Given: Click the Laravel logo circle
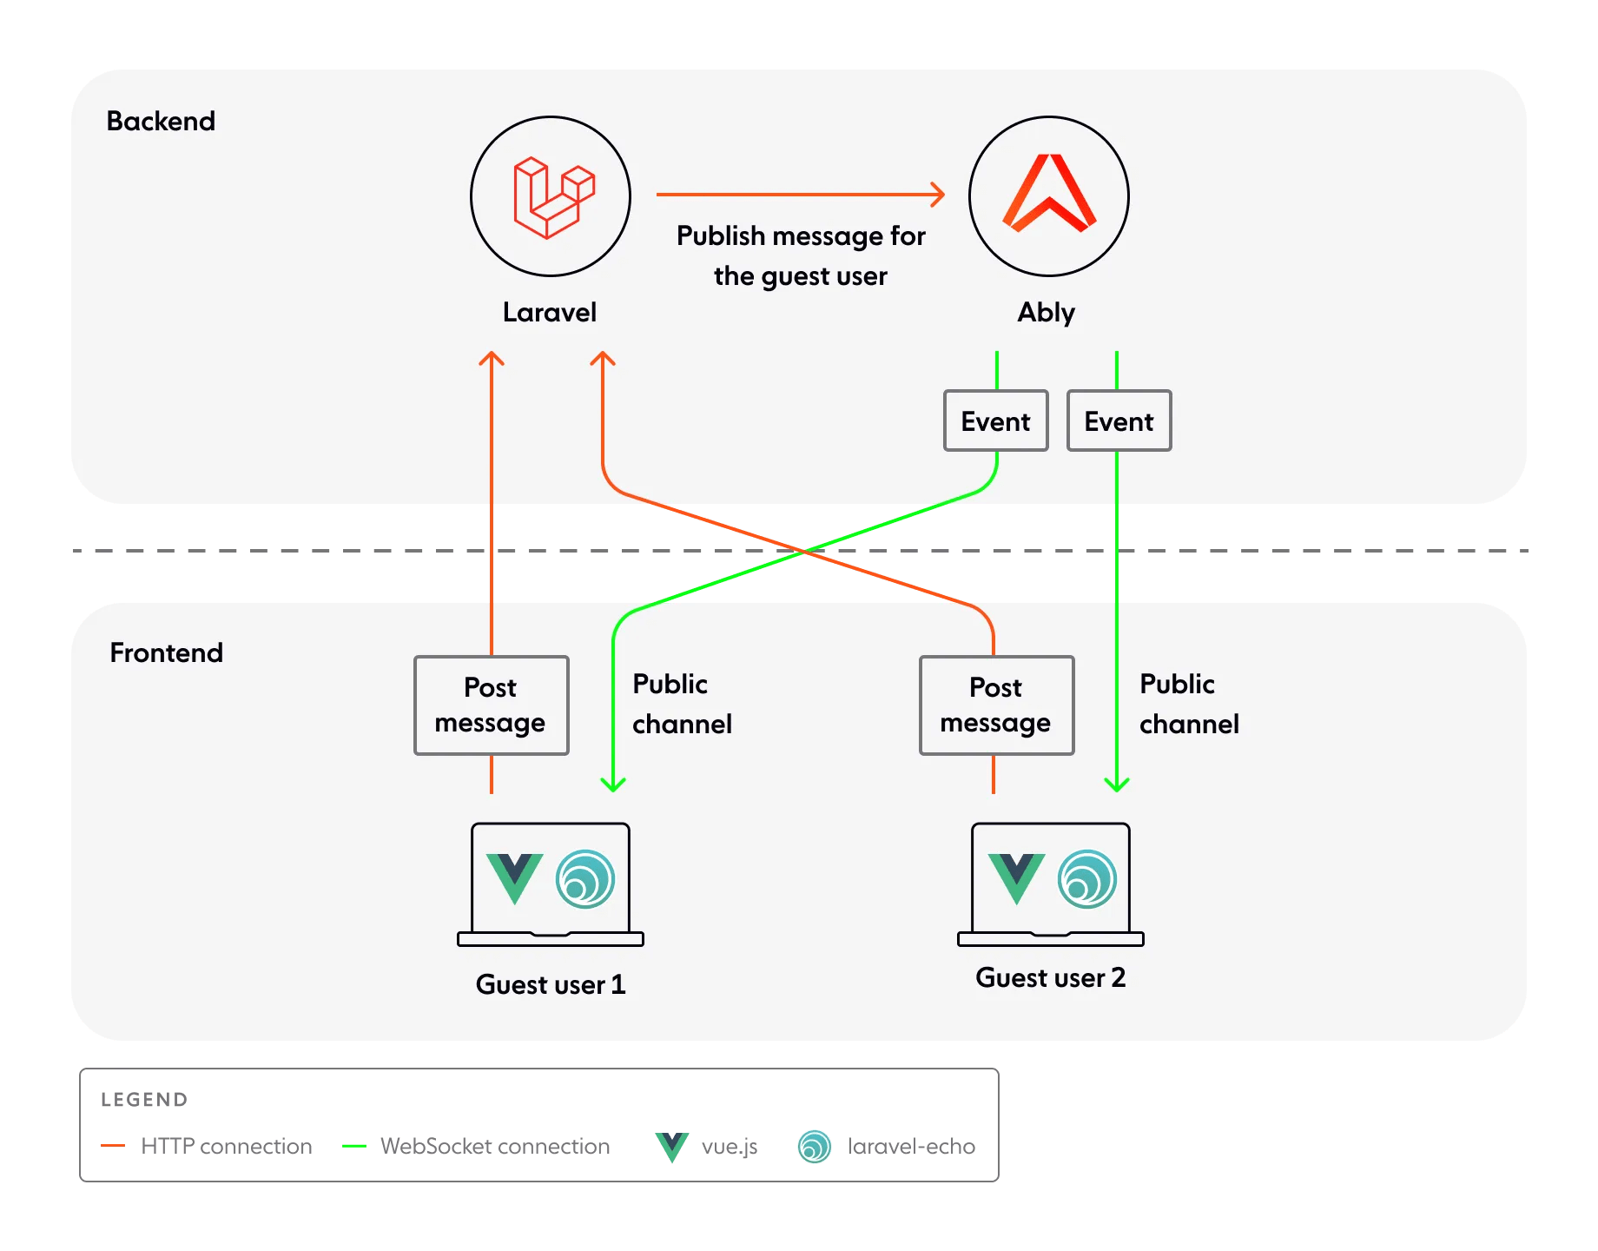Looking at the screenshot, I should pyautogui.click(x=551, y=196).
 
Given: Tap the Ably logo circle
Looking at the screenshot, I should pyautogui.click(x=1049, y=196).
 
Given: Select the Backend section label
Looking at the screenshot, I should pyautogui.click(x=161, y=121).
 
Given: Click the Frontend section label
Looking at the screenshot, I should pyautogui.click(x=166, y=652).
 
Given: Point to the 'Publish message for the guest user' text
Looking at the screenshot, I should pyautogui.click(x=801, y=255).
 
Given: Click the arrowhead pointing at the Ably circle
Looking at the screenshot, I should pyautogui.click(x=938, y=195).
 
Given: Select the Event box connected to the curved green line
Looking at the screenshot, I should pyautogui.click(x=995, y=421).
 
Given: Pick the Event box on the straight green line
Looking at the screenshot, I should pyautogui.click(x=1119, y=421).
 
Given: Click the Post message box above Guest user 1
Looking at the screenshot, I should pyautogui.click(x=491, y=705).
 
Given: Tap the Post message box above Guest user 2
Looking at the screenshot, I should pyautogui.click(x=996, y=705).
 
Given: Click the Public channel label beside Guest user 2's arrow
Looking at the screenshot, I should pyautogui.click(x=1188, y=704).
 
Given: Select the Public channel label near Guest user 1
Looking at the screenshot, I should pyautogui.click(x=682, y=704).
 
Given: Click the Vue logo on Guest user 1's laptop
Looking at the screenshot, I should pyautogui.click(x=514, y=877).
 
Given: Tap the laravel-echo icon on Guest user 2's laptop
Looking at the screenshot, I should pyautogui.click(x=1087, y=879).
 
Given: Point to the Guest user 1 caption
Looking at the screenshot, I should pyautogui.click(x=551, y=984).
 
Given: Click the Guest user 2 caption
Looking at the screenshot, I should pyautogui.click(x=1050, y=977).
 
